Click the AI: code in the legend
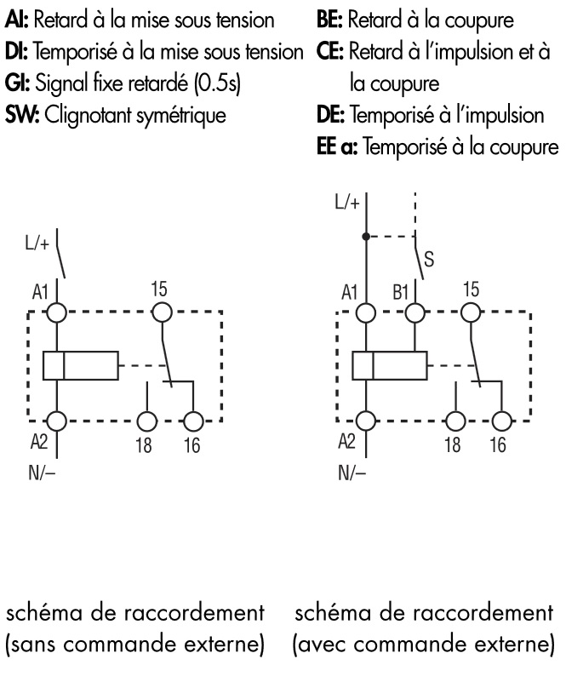click(16, 18)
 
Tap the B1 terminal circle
click(414, 312)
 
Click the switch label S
click(429, 262)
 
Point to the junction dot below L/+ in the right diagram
click(367, 237)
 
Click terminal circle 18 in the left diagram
click(148, 421)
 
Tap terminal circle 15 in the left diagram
click(158, 312)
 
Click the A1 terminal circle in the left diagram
click(57, 312)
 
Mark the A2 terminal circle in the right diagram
click(367, 421)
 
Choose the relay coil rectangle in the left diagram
click(81, 366)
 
